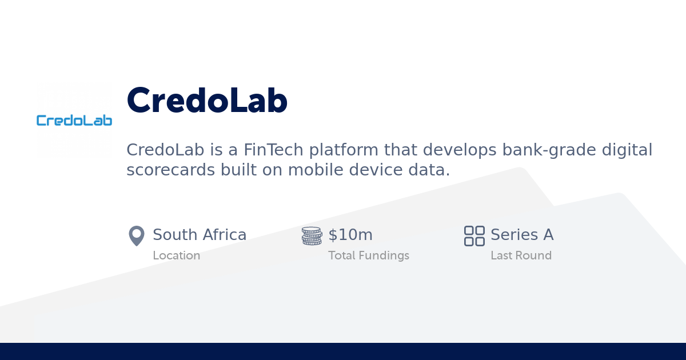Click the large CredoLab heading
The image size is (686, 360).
207,101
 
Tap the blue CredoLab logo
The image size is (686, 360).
74,120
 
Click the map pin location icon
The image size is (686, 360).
137,236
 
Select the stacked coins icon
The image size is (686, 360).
312,236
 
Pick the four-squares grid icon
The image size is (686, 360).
474,236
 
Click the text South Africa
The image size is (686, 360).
200,235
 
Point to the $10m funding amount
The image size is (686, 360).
350,235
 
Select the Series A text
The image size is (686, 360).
522,235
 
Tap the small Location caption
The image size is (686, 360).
176,255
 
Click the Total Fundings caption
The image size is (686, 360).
369,255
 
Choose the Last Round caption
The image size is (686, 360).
521,255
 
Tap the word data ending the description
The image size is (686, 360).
430,170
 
